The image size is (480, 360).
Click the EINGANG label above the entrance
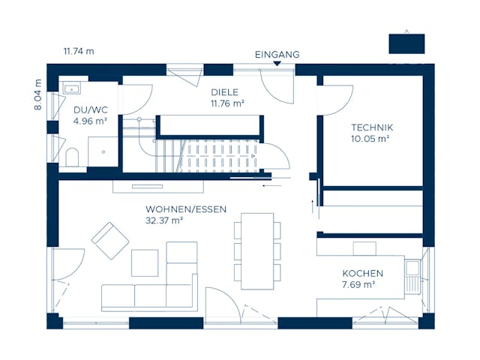pos(277,54)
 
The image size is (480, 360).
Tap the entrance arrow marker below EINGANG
pos(277,64)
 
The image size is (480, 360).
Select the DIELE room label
pos(224,94)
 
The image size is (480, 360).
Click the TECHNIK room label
pos(371,127)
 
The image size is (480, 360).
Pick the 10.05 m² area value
pos(370,138)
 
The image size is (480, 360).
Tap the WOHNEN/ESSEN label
pos(186,209)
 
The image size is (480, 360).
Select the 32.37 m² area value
pos(165,220)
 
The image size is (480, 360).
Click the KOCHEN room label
pos(362,274)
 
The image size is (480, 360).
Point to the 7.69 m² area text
pos(358,285)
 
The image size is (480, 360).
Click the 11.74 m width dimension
pos(79,51)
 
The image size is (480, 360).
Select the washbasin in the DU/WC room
pos(72,89)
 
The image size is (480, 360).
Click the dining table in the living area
pos(256,250)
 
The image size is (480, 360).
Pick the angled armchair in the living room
pos(110,241)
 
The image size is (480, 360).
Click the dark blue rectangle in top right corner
pos(406,43)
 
